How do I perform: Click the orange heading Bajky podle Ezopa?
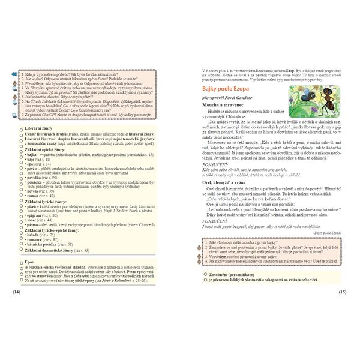click(x=225, y=89)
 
